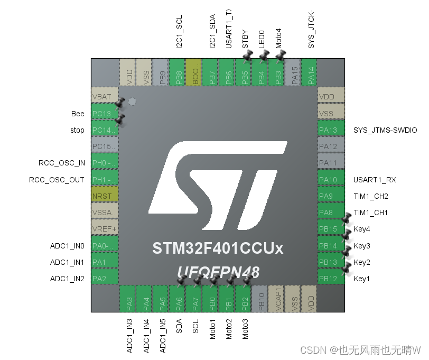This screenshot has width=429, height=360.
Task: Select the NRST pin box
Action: pos(105,196)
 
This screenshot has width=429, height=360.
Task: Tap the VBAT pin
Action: pos(105,97)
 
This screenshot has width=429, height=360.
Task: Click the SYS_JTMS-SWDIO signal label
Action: pos(385,130)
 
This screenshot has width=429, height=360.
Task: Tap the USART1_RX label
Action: pos(375,180)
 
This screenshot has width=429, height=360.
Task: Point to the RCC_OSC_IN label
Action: pos(61,163)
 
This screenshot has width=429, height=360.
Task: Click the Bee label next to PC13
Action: pos(78,114)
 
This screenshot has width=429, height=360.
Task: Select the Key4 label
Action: pos(362,229)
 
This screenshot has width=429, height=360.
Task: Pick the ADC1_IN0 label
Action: pos(67,246)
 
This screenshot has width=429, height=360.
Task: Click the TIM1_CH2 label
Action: pos(371,196)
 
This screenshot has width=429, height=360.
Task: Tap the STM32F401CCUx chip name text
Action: pos(218,248)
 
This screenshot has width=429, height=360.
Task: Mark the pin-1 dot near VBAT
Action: pos(132,101)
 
